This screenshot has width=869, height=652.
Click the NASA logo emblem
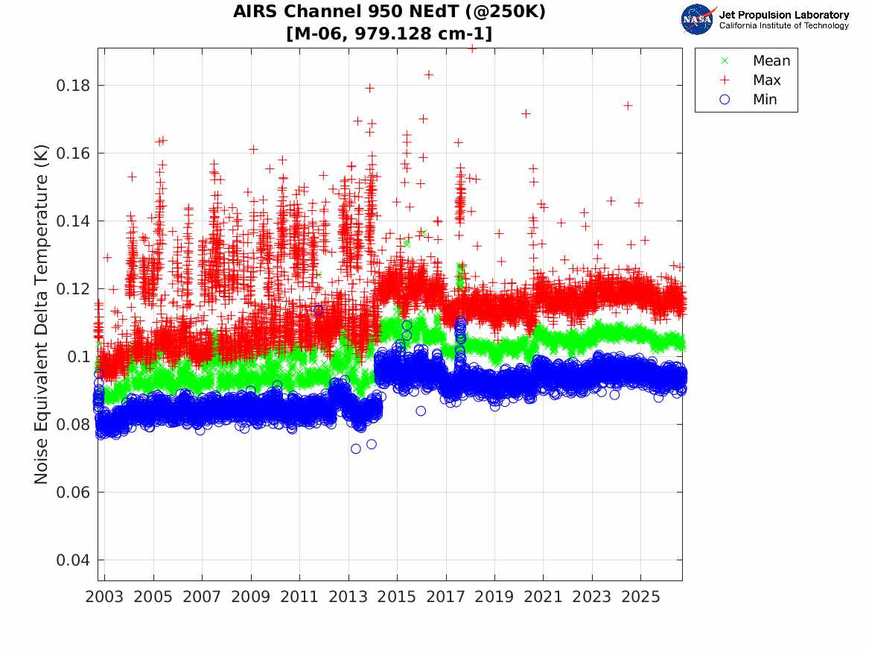point(697,19)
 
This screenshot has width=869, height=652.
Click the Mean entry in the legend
point(757,60)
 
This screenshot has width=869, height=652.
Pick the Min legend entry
point(748,99)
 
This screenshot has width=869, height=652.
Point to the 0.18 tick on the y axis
point(72,86)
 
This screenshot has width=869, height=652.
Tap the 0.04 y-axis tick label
point(72,560)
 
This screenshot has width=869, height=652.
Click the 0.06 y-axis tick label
point(72,493)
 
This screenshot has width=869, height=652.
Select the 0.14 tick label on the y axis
point(72,221)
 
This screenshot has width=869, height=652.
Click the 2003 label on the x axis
point(104,597)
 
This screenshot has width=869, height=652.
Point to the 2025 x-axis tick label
point(640,597)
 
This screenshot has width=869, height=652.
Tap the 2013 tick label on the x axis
point(348,597)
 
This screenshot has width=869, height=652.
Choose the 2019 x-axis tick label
point(494,597)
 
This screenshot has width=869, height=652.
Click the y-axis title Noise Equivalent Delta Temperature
point(41,314)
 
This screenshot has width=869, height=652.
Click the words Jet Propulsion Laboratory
point(784,15)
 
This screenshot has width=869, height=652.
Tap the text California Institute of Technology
point(784,25)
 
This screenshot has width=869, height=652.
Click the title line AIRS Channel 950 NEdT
point(389,12)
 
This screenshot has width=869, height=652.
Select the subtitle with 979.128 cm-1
point(389,34)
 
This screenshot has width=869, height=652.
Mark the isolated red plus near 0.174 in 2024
point(628,105)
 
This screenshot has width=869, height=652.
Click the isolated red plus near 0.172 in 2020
point(526,114)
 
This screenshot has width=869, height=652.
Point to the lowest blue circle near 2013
point(356,449)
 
